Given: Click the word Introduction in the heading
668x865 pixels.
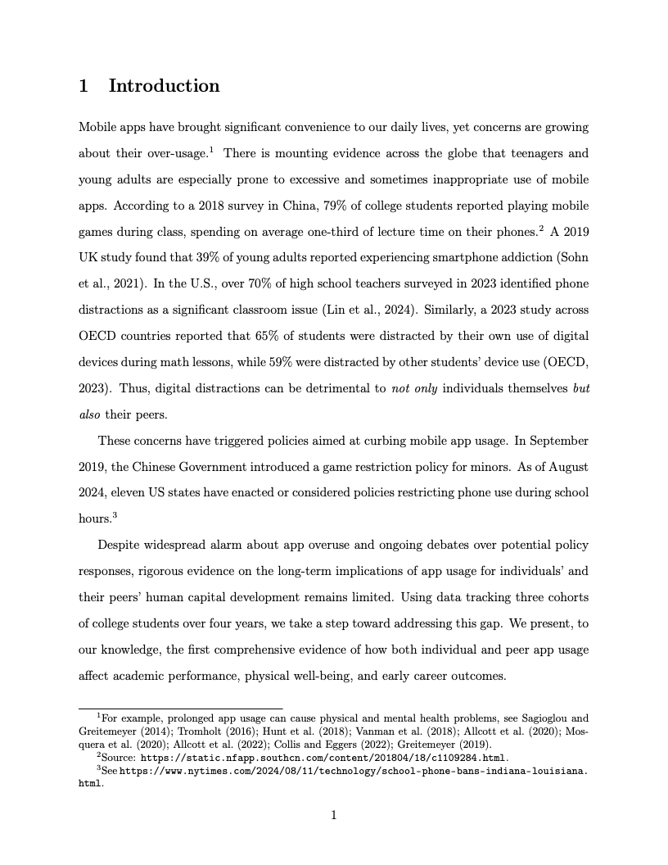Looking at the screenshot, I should (164, 86).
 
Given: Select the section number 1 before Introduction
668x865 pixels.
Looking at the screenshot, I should (83, 86).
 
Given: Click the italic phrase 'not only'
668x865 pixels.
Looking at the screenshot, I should (413, 388).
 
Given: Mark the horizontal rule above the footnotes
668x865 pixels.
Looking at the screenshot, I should (180, 708).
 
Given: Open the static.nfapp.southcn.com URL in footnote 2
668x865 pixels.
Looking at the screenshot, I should (324, 758).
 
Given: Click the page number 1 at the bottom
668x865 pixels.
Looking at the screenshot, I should (334, 815).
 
